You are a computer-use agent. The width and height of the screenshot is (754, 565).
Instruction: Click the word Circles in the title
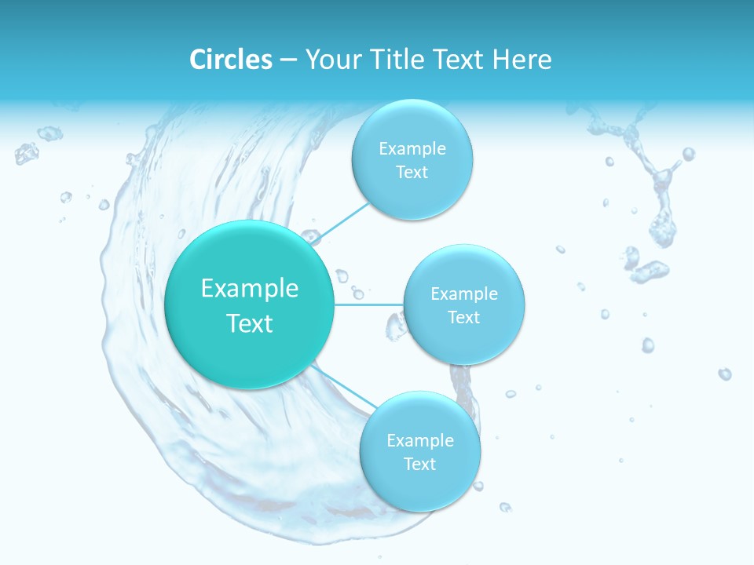point(231,60)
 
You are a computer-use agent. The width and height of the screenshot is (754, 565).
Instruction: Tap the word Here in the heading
point(522,60)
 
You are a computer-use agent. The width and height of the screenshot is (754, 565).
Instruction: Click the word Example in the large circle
point(250,289)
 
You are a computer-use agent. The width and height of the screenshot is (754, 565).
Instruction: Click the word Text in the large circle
point(250,323)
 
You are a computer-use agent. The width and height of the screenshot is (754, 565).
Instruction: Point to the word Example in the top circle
point(412,149)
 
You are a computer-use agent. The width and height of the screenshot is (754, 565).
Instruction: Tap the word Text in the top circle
point(412,173)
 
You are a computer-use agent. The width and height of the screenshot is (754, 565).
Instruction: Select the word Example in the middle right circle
point(464,293)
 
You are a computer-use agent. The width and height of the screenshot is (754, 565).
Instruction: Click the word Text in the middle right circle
point(464,317)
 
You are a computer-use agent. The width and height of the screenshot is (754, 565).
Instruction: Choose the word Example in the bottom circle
point(420,440)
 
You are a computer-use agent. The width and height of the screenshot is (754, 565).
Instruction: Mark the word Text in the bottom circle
point(420,464)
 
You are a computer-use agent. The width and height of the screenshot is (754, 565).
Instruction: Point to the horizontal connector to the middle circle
point(369,304)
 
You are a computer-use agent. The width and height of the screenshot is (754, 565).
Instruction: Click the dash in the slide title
point(288,60)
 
